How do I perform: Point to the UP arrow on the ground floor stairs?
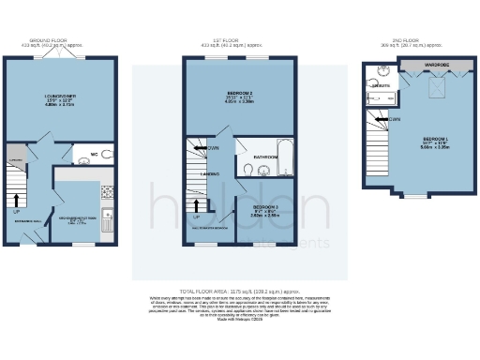pos(17,200)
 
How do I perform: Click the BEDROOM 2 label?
pos(240,95)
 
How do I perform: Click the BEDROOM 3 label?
pos(265,207)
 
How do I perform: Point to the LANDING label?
pos(212,173)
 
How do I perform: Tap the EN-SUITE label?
pos(382,85)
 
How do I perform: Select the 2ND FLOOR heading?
pos(412,42)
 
